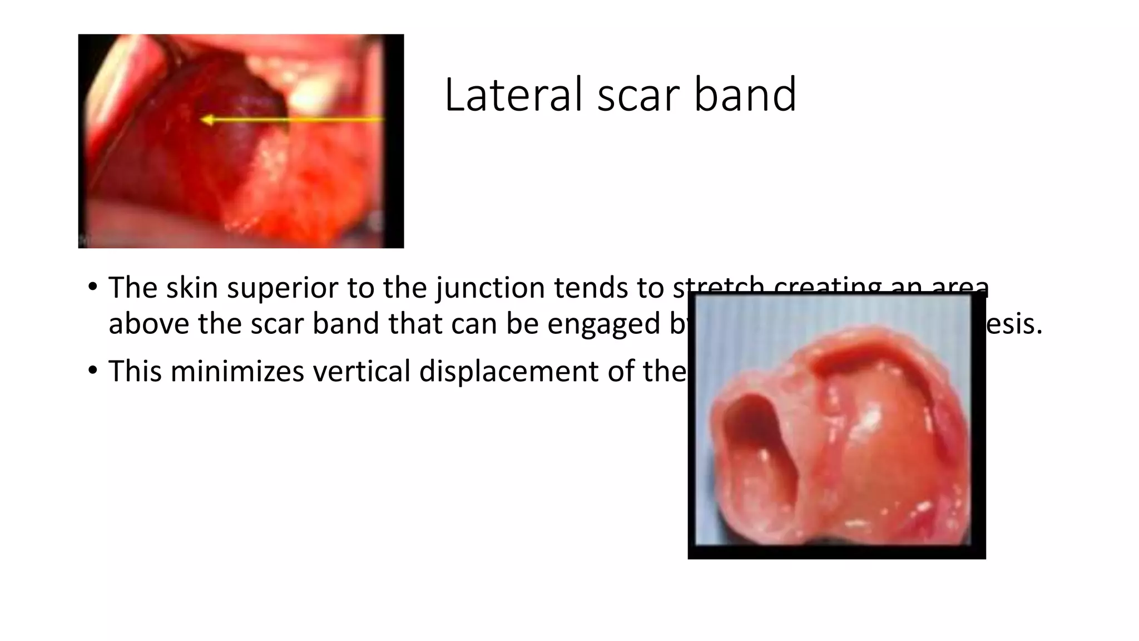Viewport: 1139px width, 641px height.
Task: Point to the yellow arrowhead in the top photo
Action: tap(207, 120)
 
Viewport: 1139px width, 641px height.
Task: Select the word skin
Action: tap(191, 288)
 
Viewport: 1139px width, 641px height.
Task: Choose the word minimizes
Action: tap(237, 371)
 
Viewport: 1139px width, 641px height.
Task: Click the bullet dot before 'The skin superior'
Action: tap(92, 288)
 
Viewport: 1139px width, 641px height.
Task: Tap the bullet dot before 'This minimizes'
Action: tap(92, 371)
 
